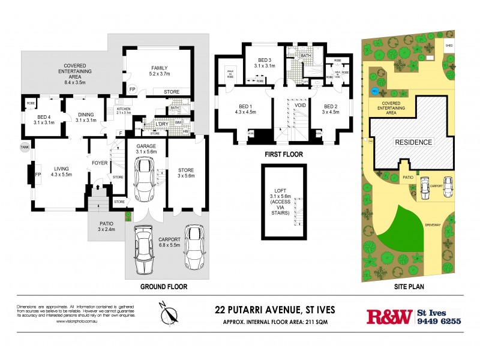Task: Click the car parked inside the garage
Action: [146, 181]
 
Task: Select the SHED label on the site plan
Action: [448, 45]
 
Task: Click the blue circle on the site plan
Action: [374, 91]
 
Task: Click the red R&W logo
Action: [389, 316]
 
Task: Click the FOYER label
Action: [99, 163]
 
